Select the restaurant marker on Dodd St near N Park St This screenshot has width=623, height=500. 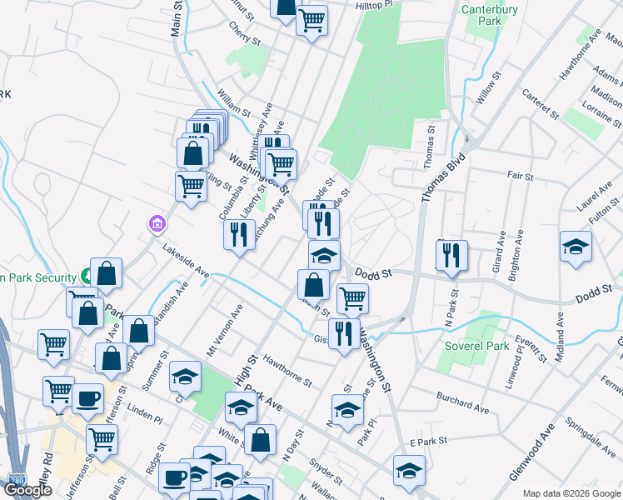click(x=451, y=256)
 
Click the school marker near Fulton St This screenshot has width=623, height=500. click(x=576, y=247)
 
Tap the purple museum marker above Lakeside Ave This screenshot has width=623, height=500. click(x=156, y=223)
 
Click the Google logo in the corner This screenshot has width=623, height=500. click(x=27, y=490)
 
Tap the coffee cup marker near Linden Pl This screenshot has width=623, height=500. click(x=87, y=398)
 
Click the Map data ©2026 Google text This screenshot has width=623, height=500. click(x=571, y=493)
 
